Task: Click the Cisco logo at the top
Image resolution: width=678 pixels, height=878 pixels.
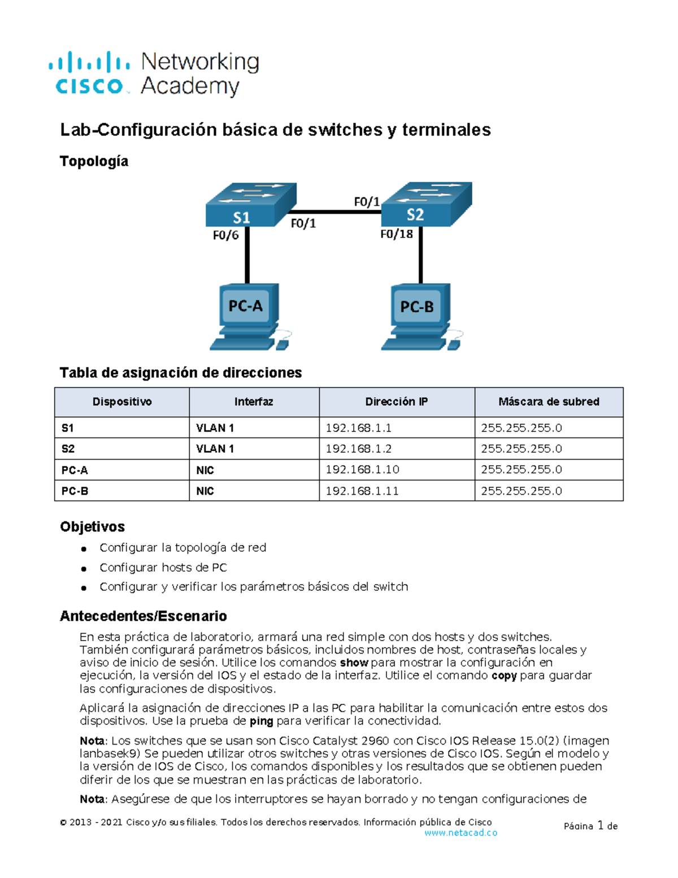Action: (89, 73)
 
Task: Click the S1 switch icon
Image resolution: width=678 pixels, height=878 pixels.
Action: (250, 205)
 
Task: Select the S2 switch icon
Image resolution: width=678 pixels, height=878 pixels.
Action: (427, 204)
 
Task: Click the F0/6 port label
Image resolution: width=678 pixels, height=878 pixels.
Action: (225, 235)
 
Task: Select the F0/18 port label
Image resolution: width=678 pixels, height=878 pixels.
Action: (396, 234)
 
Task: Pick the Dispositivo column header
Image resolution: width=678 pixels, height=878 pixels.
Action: (122, 402)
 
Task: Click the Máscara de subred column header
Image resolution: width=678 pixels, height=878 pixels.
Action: (549, 402)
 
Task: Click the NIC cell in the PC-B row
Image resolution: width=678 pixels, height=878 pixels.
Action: (205, 491)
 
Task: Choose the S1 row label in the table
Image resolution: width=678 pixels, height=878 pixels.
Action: (68, 428)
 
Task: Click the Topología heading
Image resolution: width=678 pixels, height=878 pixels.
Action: (94, 162)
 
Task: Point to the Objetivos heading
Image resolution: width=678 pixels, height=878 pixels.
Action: (92, 527)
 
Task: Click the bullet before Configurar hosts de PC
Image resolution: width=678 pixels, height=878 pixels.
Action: (84, 568)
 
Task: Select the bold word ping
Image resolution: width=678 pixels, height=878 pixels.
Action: (261, 721)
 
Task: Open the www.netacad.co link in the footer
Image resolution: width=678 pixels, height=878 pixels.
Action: (460, 833)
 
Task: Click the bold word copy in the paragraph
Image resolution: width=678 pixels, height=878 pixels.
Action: (504, 676)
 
